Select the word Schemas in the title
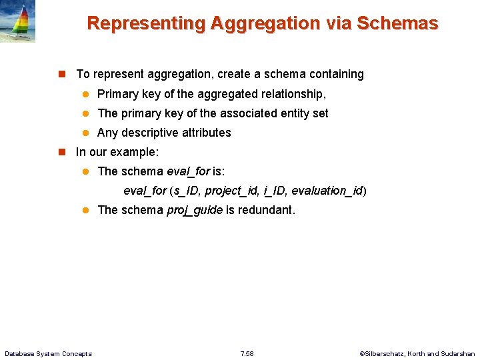click(x=397, y=24)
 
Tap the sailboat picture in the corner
click(x=17, y=21)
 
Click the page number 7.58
click(x=247, y=353)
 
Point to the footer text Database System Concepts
click(x=48, y=353)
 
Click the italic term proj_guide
click(x=194, y=211)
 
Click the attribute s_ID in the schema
click(x=186, y=191)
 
